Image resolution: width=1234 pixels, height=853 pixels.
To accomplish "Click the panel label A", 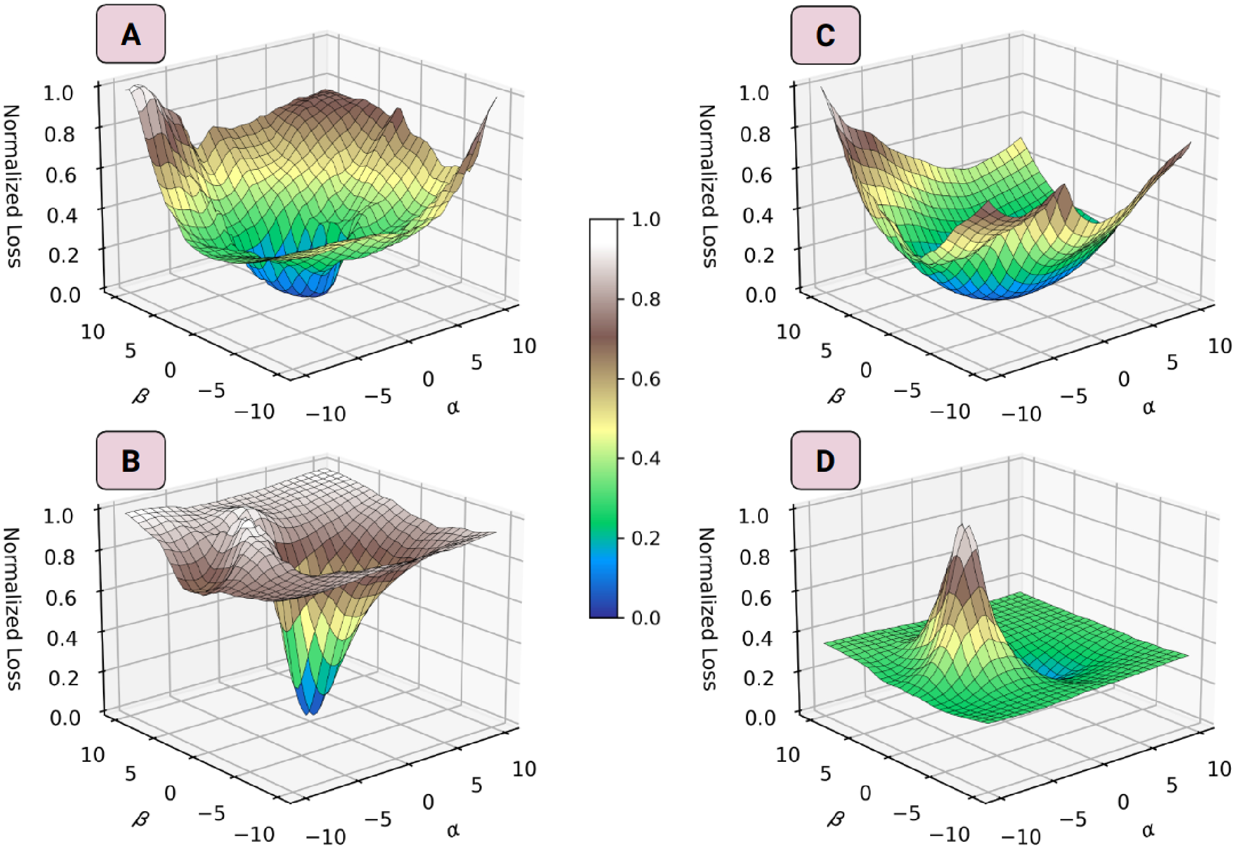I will (x=131, y=34).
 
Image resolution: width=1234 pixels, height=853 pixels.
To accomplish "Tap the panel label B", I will (x=131, y=460).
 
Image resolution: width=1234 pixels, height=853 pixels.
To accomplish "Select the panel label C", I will (x=825, y=35).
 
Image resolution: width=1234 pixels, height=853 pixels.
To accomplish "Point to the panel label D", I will (x=825, y=460).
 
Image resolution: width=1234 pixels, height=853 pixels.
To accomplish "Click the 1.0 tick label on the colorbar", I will (x=646, y=219).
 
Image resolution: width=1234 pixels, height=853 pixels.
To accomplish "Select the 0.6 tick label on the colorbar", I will (x=646, y=379).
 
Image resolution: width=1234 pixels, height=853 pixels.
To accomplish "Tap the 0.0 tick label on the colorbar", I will (x=646, y=618).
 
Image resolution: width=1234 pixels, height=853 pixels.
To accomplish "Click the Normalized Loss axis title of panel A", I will (x=12, y=186).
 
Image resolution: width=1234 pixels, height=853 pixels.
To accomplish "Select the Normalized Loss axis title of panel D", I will (x=707, y=609).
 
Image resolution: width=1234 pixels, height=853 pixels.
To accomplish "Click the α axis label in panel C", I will (x=1148, y=407).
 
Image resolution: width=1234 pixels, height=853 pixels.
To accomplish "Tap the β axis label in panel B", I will (x=140, y=818).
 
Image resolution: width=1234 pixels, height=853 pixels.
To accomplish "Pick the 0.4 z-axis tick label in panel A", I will (x=62, y=216).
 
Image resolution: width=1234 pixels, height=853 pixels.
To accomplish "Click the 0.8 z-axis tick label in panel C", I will (x=756, y=134).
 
